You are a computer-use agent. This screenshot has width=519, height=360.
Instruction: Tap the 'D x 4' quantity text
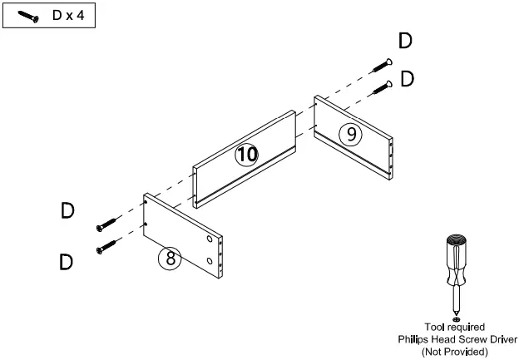[x=68, y=17]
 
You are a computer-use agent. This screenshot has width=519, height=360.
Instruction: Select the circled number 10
[x=246, y=154]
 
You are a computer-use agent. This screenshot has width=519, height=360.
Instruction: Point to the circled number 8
[x=170, y=259]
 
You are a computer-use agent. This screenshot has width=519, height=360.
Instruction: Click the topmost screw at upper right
[x=381, y=64]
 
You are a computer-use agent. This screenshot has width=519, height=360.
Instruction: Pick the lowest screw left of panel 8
[x=108, y=247]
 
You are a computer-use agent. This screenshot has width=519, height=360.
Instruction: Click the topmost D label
[x=404, y=41]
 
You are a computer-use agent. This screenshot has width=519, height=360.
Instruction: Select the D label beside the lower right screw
[x=408, y=79]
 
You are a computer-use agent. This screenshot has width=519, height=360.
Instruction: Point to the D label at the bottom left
[x=67, y=263]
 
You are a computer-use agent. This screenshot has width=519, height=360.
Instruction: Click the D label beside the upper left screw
[x=67, y=211]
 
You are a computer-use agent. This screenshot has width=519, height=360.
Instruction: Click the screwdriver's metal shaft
[x=455, y=294]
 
